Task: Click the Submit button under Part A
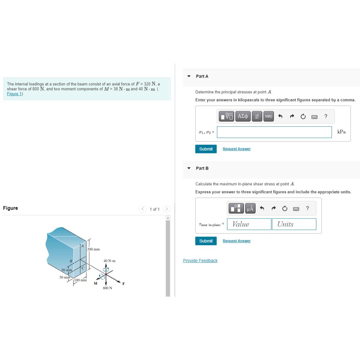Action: [x=206, y=149]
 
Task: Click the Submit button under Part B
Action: [x=206, y=241]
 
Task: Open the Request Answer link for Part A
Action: [x=237, y=149]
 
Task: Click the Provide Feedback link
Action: [x=200, y=261]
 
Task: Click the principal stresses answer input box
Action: [x=274, y=132]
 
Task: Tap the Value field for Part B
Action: [x=249, y=224]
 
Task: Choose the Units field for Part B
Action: [x=294, y=224]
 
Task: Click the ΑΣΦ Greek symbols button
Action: [x=243, y=116]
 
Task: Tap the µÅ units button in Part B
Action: [x=250, y=208]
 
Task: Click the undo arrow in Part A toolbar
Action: [x=280, y=116]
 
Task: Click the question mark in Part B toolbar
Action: [x=307, y=208]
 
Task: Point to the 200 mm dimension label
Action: [x=94, y=249]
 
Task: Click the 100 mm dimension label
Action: [x=80, y=280]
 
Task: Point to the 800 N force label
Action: [x=108, y=288]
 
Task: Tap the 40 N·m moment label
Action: [x=109, y=261]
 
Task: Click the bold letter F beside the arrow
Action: [x=123, y=284]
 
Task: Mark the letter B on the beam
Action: [x=71, y=261]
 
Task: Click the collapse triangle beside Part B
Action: [x=189, y=168]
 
